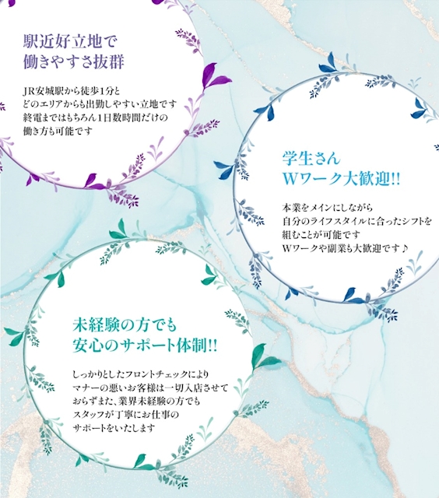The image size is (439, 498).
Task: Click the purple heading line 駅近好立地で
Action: [71, 42]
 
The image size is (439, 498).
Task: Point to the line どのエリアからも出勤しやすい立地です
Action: [100, 104]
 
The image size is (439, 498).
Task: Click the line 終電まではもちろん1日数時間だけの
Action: [95, 117]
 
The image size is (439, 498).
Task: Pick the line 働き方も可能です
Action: [58, 131]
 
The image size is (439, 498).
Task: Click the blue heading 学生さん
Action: [311, 159]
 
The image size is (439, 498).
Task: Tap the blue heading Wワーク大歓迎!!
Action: [342, 179]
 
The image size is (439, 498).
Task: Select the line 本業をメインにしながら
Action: [328, 208]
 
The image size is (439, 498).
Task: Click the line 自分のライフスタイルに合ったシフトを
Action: [357, 221]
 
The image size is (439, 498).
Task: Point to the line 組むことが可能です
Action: [321, 235]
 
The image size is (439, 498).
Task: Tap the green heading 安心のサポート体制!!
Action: [145, 345]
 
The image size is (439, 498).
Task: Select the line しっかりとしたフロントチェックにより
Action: [141, 375]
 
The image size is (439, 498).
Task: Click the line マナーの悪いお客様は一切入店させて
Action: [150, 388]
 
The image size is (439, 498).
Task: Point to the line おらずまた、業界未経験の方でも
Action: [136, 402]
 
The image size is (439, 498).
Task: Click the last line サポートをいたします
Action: [114, 428]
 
